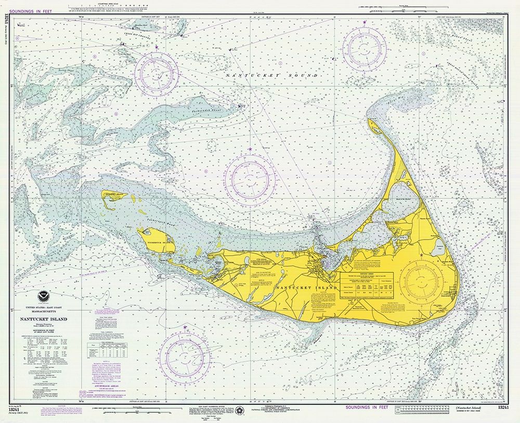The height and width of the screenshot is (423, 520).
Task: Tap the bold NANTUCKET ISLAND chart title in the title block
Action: pyautogui.click(x=44, y=319)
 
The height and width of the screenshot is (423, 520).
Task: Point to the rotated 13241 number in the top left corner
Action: pyautogui.click(x=6, y=26)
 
